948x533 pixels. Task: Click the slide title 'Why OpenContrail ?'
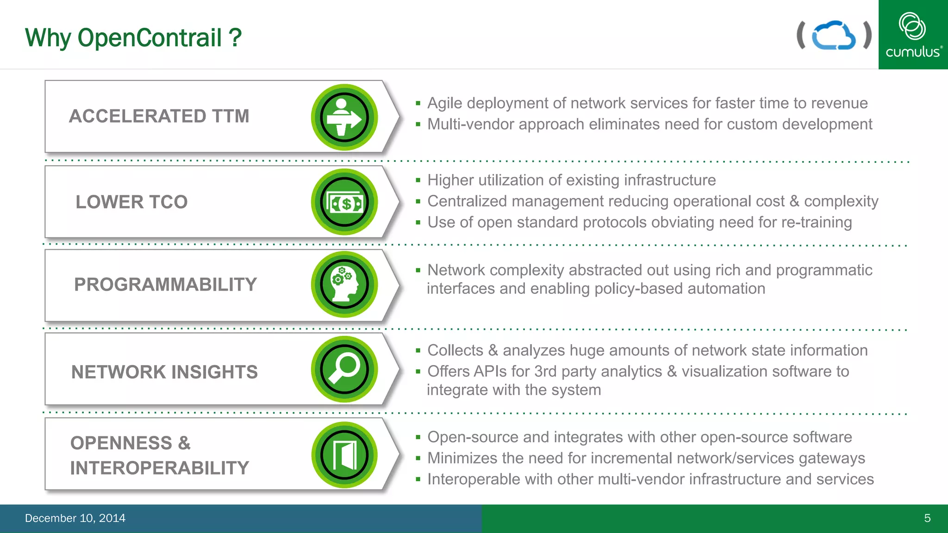click(x=133, y=37)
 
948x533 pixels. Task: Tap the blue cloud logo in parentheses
click(x=834, y=35)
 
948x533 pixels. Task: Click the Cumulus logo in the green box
click(x=913, y=35)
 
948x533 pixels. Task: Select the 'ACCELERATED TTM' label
click(x=159, y=116)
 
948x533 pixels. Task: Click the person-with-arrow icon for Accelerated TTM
click(x=344, y=118)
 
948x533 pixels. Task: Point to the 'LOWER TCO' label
click(x=131, y=202)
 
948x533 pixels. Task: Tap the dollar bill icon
click(x=344, y=203)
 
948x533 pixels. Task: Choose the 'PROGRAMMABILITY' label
click(x=165, y=285)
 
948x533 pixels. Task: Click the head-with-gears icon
click(x=344, y=285)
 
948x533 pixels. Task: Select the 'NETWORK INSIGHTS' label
click(x=164, y=372)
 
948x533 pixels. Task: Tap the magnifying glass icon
click(x=344, y=369)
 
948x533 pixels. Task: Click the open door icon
click(x=344, y=455)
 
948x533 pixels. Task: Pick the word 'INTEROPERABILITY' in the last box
click(x=160, y=468)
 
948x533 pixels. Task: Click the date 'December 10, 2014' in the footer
click(x=75, y=518)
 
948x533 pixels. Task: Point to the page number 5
click(x=927, y=518)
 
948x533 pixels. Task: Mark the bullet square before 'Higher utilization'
click(x=418, y=180)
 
